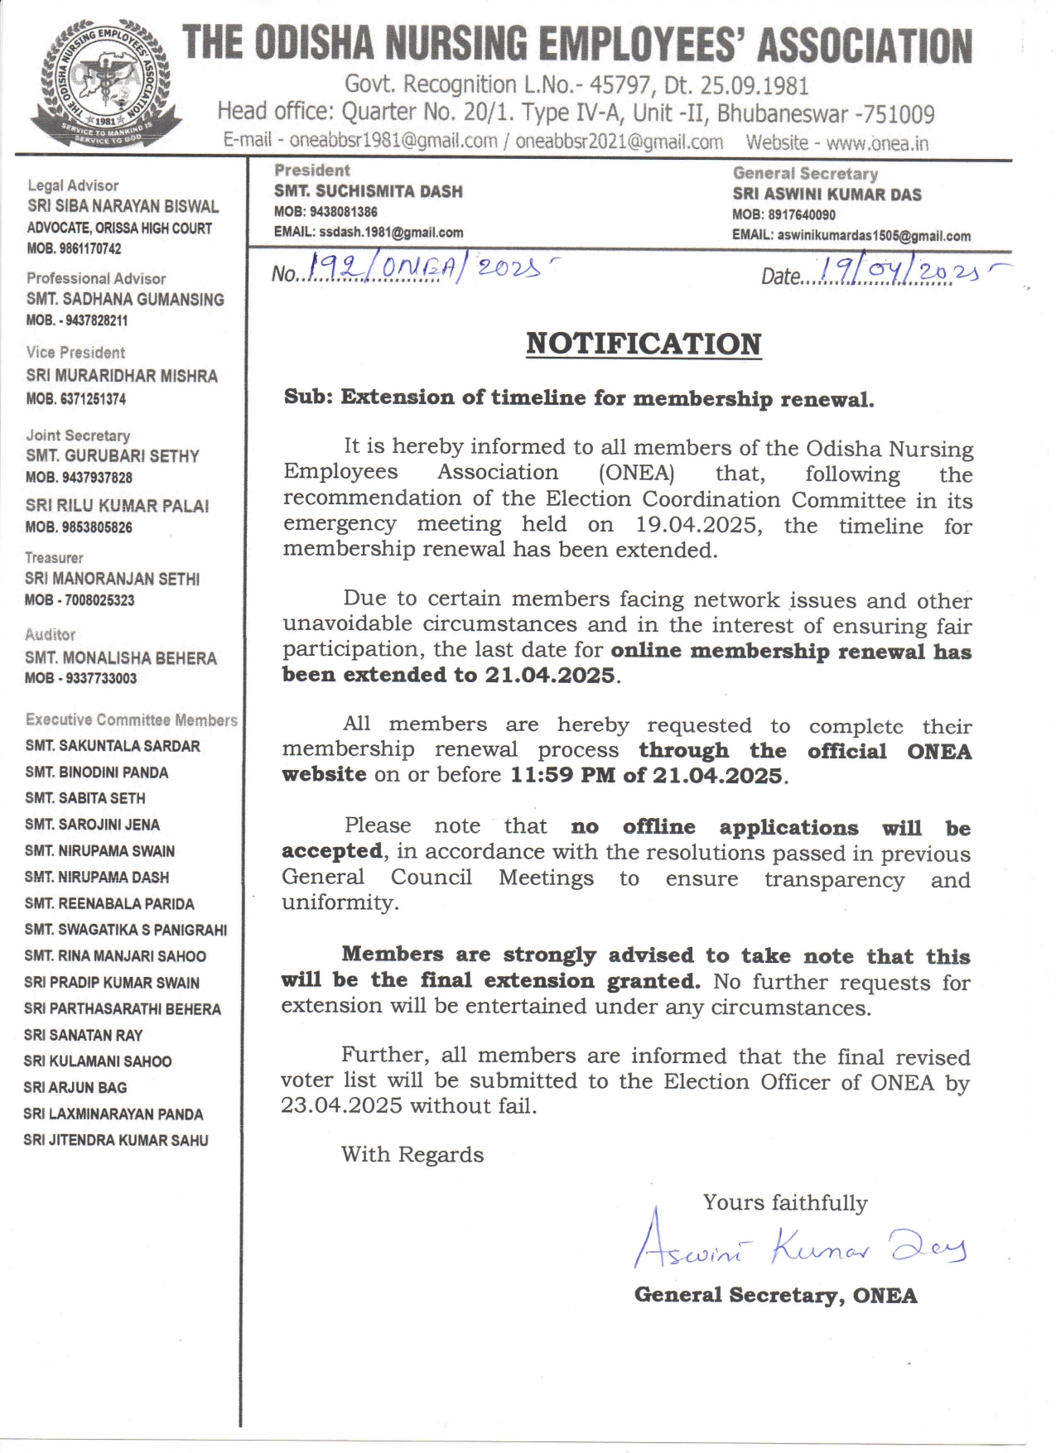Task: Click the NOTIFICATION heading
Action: click(x=644, y=344)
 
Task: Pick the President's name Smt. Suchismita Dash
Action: click(x=369, y=191)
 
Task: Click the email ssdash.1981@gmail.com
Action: click(x=391, y=233)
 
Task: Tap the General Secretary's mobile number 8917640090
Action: click(x=801, y=215)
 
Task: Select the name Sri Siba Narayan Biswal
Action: click(x=123, y=206)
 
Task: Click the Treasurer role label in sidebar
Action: click(x=54, y=558)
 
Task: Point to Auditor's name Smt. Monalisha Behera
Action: click(x=121, y=658)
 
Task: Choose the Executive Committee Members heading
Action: click(x=131, y=720)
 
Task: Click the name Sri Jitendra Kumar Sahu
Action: click(x=116, y=1140)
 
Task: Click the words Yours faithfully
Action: click(x=785, y=1202)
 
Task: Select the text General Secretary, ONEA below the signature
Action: click(x=775, y=1295)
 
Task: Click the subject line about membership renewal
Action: click(x=578, y=398)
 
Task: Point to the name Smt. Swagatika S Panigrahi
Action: click(x=126, y=930)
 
